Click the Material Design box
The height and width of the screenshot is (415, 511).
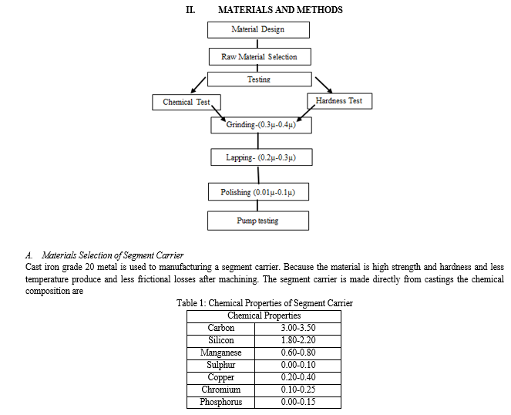[258, 30]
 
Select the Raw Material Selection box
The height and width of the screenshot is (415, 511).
[260, 57]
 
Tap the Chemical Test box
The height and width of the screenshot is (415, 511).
[187, 102]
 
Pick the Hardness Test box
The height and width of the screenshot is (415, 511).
[340, 101]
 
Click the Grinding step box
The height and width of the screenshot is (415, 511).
[261, 125]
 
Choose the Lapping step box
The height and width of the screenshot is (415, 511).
[261, 157]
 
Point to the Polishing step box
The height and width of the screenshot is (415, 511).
[258, 192]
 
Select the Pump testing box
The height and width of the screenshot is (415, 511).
[258, 221]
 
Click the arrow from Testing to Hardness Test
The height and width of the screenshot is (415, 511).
[324, 85]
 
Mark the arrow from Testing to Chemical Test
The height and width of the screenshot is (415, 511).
[198, 85]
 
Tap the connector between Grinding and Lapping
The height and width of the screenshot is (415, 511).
[258, 141]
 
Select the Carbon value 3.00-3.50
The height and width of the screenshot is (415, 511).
[298, 328]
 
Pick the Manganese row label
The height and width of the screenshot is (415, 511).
[220, 353]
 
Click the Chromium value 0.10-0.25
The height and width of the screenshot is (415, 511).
[298, 390]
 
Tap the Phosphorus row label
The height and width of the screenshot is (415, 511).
[220, 402]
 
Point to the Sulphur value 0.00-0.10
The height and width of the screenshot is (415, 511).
[298, 365]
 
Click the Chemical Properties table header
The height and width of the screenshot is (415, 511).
[264, 315]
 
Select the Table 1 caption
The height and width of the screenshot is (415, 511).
[264, 303]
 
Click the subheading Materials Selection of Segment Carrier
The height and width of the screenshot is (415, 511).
[113, 255]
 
